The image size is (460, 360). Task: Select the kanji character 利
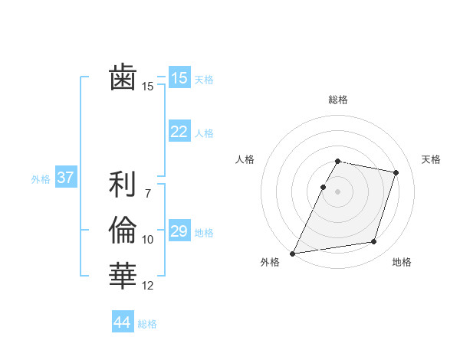click(x=123, y=185)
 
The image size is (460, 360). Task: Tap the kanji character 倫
click(x=123, y=229)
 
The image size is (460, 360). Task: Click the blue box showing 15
click(x=179, y=77)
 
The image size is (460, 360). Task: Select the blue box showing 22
click(x=179, y=132)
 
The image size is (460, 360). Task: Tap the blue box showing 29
click(x=179, y=231)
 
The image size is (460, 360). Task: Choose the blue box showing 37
click(x=65, y=178)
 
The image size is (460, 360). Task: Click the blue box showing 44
click(x=122, y=322)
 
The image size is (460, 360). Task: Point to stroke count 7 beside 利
click(x=148, y=185)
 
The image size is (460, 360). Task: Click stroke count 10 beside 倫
click(x=148, y=240)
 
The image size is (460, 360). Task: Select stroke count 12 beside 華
click(x=148, y=286)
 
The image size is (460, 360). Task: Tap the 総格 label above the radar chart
click(x=338, y=100)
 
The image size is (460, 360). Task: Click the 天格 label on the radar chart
click(x=431, y=159)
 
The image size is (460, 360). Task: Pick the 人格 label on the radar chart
click(x=245, y=159)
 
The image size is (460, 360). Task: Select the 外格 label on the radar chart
click(x=270, y=262)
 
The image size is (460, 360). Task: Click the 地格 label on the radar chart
click(x=402, y=262)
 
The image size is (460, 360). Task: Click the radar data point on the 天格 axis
click(x=396, y=173)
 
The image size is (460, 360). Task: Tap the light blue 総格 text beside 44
click(x=147, y=324)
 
